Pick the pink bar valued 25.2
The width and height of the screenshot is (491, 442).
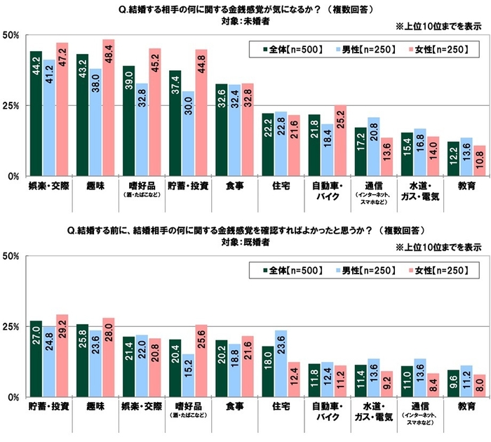click(x=341, y=141)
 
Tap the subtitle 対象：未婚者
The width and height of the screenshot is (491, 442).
click(x=245, y=22)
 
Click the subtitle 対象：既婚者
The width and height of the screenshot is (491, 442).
click(x=245, y=241)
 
